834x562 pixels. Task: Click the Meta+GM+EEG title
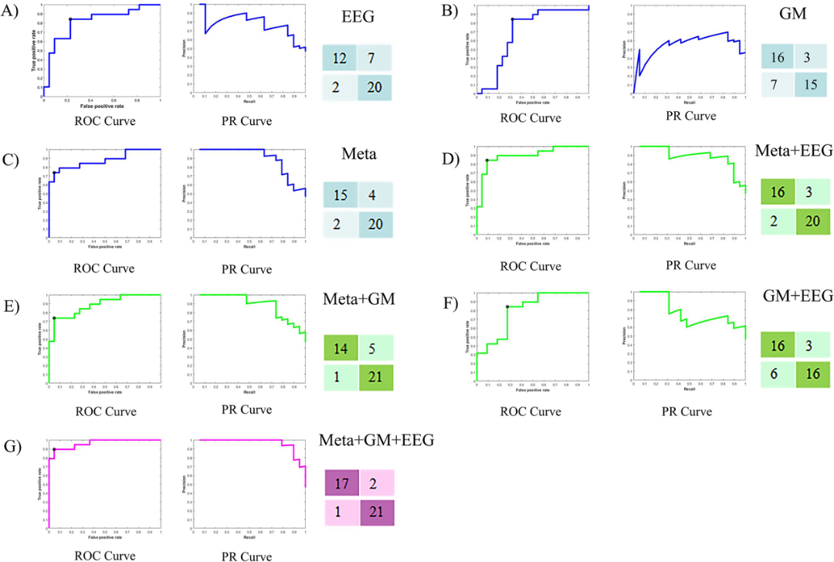click(x=376, y=440)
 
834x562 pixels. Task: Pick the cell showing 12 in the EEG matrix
click(x=340, y=59)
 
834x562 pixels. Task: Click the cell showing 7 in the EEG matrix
click(x=375, y=59)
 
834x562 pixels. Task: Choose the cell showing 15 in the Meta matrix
click(x=340, y=196)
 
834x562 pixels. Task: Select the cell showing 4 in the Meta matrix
click(x=375, y=196)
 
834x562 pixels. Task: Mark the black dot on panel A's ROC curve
click(x=70, y=19)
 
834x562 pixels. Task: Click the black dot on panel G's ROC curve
click(x=54, y=449)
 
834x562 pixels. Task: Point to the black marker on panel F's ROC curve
click(x=507, y=306)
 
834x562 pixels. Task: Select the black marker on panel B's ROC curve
click(x=513, y=19)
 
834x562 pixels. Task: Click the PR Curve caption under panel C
click(x=248, y=269)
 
